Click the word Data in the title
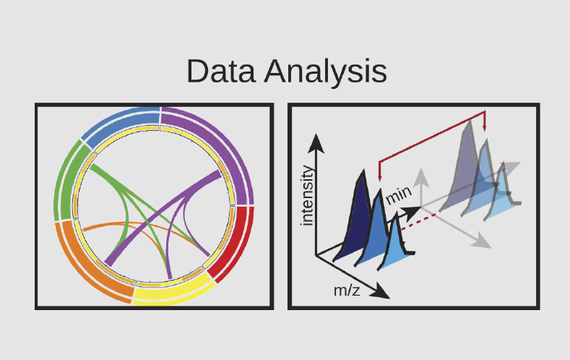coord(220,71)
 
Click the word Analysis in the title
coord(325,72)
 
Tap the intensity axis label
coord(307,195)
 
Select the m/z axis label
coord(347,291)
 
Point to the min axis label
coord(399,195)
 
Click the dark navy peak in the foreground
coord(355,222)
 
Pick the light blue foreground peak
coord(396,247)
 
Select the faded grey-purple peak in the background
coord(464,171)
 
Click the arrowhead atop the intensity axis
coord(316,143)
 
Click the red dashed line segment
coord(418,222)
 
